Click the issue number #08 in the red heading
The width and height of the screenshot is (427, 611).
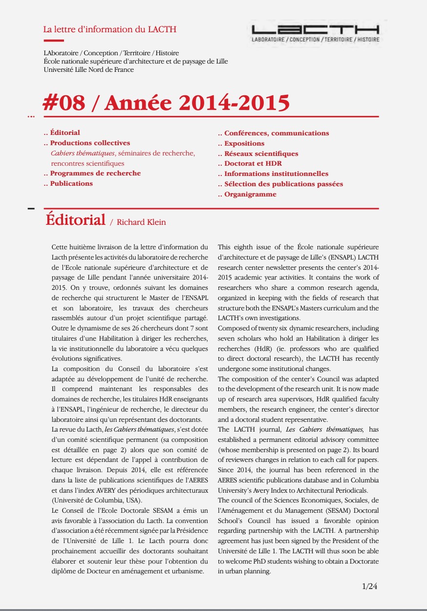click(64, 102)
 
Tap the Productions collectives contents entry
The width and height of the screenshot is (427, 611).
click(90, 143)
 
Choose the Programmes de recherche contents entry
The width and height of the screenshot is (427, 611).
click(95, 173)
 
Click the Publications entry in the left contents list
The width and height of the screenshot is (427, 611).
click(71, 183)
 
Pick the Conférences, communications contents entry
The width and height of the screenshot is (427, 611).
click(277, 133)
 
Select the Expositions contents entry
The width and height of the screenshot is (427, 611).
click(244, 143)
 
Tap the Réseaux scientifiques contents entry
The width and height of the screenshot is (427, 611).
click(261, 153)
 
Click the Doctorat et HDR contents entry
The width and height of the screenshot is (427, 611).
click(253, 163)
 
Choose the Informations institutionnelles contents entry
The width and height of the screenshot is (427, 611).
click(276, 174)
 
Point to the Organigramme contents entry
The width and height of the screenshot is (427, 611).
click(250, 194)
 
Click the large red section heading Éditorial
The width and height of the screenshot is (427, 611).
click(75, 219)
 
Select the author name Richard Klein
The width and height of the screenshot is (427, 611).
click(141, 222)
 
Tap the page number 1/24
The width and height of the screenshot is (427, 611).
click(370, 586)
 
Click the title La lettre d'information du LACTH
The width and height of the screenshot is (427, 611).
click(110, 29)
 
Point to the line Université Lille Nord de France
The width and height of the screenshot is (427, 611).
click(88, 69)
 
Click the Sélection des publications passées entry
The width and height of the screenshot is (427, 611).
click(283, 184)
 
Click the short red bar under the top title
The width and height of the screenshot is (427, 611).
click(53, 41)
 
